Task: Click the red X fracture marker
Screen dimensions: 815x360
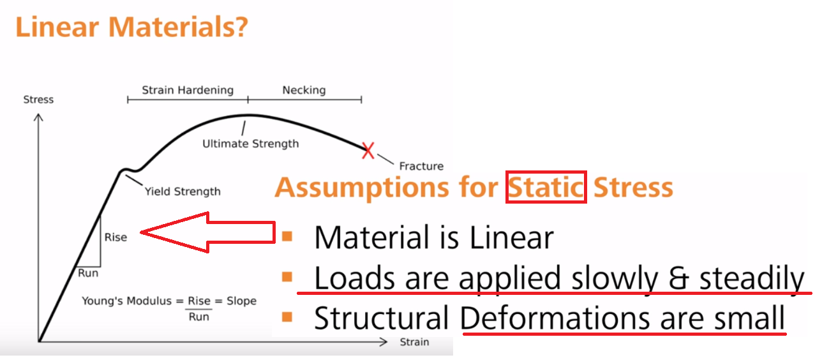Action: tap(368, 151)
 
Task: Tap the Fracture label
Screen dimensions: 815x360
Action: tap(421, 167)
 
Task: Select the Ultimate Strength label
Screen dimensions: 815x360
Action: tap(250, 144)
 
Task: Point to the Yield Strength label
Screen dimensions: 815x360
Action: tap(183, 191)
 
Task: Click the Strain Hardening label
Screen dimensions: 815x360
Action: tap(188, 90)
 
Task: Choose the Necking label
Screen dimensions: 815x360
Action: tap(304, 90)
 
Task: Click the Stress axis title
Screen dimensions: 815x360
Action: tap(38, 100)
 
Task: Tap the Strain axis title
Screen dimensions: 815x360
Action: tap(414, 342)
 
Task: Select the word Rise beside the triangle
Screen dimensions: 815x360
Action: tap(116, 237)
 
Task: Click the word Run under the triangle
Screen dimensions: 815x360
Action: tap(88, 273)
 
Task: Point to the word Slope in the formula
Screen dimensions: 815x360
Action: tap(242, 301)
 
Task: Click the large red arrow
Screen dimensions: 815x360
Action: tap(208, 232)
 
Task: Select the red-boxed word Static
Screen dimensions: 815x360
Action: tap(546, 188)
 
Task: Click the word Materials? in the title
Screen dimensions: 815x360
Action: tap(178, 27)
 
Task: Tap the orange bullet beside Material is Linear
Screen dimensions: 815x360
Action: tap(287, 237)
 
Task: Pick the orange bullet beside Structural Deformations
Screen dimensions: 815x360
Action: tap(287, 317)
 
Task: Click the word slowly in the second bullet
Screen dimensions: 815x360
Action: tap(615, 279)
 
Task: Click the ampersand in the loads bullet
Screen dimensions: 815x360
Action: tap(679, 278)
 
